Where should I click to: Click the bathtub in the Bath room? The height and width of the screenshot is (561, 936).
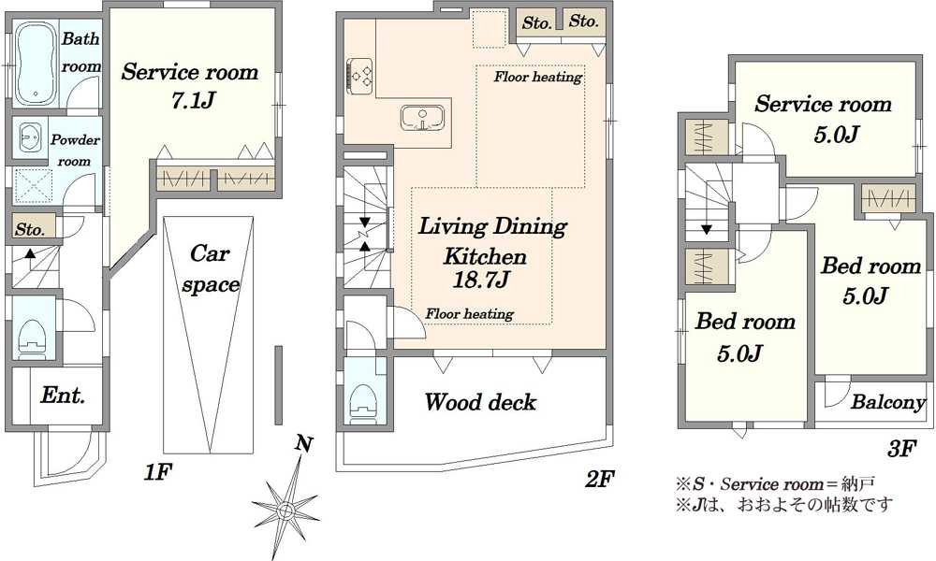pos(35,65)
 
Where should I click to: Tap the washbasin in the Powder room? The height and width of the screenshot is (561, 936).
pos(29,138)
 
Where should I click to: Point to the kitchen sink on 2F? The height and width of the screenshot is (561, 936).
pos(423,118)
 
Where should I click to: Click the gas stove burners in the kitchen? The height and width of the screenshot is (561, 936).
pos(360,77)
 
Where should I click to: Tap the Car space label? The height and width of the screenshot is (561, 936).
pos(211,269)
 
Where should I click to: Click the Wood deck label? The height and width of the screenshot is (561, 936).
pos(480,402)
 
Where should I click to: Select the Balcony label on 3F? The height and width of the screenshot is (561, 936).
pos(888,402)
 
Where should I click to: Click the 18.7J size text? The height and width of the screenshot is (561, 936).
pos(481,280)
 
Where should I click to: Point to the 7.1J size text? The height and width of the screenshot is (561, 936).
pos(192,100)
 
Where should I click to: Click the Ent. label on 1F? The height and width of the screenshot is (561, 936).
pos(63,395)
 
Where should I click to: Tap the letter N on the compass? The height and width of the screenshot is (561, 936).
pos(304,443)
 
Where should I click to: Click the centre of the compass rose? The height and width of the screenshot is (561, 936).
pos(285,510)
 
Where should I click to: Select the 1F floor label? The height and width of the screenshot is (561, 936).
pos(157,472)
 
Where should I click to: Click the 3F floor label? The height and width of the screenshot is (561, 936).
pos(901,448)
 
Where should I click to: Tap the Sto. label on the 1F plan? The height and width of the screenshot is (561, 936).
pos(30,229)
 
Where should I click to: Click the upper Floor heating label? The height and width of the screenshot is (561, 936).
pos(538,77)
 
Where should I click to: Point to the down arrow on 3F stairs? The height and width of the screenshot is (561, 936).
pos(707,229)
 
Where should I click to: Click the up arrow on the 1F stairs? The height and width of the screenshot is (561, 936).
pos(29,253)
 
